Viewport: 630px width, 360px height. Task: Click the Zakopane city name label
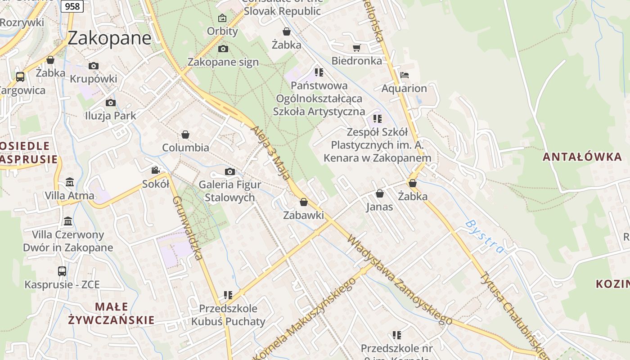pos(109,38)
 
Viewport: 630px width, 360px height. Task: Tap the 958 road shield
pos(72,6)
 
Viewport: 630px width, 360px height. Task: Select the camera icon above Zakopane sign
pos(223,49)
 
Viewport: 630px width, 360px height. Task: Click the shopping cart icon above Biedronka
pos(356,48)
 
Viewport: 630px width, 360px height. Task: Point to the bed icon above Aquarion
pos(404,75)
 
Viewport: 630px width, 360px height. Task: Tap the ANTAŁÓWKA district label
pos(582,157)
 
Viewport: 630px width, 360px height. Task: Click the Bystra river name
pos(485,236)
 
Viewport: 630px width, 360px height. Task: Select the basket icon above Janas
pos(380,193)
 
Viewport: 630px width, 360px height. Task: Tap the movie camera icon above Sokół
pos(155,170)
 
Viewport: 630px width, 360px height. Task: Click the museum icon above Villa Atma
pos(70,182)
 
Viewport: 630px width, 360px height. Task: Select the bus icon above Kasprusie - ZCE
pos(62,271)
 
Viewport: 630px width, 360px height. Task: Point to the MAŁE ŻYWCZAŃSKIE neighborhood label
pos(111,313)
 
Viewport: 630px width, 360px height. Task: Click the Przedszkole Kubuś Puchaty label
pos(228,315)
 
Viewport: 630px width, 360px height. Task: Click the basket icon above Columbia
pos(185,135)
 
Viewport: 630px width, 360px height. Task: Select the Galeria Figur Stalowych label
pos(229,191)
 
